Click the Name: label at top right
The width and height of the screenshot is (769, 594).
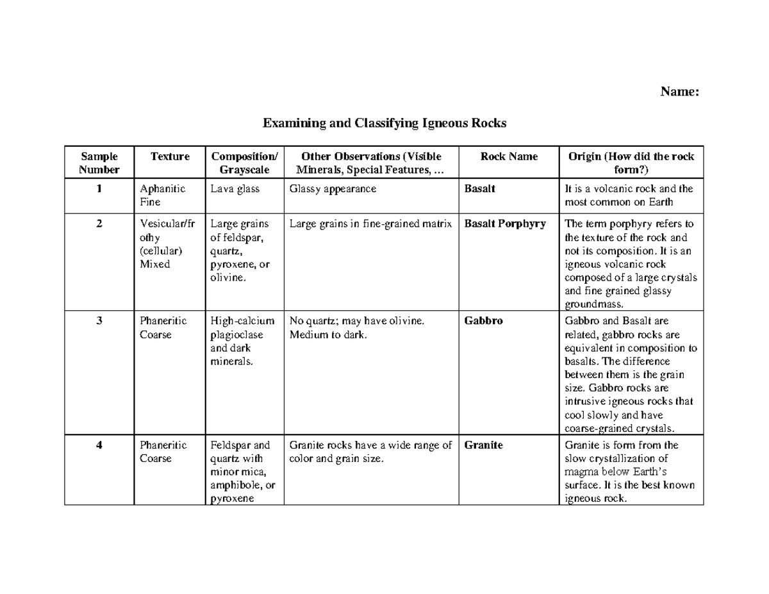[679, 92]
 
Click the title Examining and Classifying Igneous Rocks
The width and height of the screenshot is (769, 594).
[384, 123]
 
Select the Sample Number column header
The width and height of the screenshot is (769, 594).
[99, 163]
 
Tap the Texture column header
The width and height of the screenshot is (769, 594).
[170, 157]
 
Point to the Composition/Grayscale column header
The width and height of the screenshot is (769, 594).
[245, 163]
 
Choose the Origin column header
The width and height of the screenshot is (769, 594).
[631, 163]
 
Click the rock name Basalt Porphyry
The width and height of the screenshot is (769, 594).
[505, 224]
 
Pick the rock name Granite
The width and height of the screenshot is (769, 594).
[483, 445]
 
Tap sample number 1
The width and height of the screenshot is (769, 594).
[99, 189]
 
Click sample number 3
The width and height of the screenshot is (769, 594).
[99, 322]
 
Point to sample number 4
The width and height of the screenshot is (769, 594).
[99, 445]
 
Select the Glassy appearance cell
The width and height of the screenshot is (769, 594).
[333, 189]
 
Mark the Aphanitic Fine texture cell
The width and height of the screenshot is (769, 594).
[163, 195]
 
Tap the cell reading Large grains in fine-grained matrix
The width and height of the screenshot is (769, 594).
[371, 224]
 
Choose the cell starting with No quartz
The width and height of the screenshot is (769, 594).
[357, 328]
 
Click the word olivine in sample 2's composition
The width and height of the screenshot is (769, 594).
[227, 278]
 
